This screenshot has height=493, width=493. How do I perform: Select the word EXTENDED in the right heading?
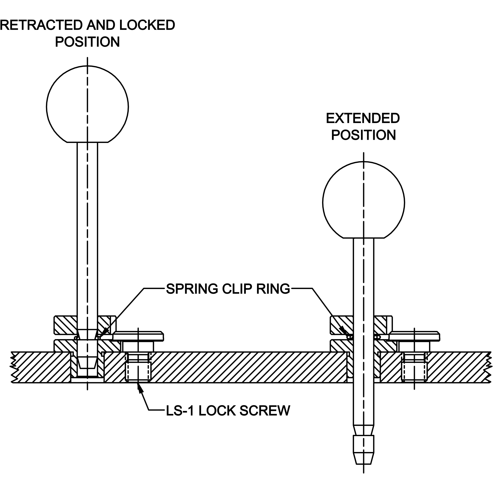pyautogui.click(x=363, y=118)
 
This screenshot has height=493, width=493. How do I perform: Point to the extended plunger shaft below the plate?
pyautogui.click(x=363, y=405)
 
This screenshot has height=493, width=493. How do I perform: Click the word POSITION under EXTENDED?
pyautogui.click(x=363, y=135)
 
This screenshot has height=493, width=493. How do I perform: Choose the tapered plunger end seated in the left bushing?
pyautogui.click(x=87, y=355)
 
